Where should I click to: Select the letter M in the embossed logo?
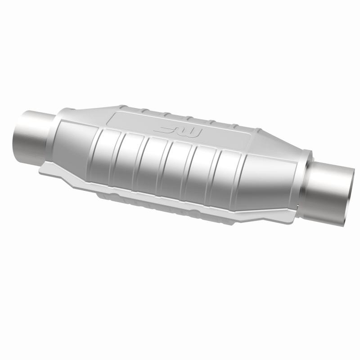[194, 131]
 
